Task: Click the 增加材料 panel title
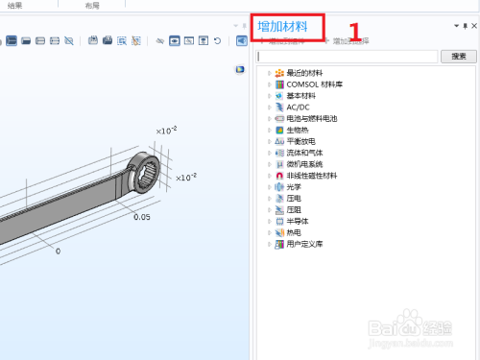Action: click(289, 26)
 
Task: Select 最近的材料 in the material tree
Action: click(304, 73)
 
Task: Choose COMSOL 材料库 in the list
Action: click(314, 84)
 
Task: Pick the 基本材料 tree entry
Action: click(301, 96)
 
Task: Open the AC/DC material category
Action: click(298, 108)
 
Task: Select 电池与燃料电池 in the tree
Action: click(311, 119)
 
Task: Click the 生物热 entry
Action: click(298, 130)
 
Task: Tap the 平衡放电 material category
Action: click(301, 141)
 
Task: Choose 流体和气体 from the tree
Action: click(304, 153)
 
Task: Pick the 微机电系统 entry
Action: click(304, 164)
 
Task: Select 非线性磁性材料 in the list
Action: click(311, 176)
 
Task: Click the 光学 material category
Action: click(294, 187)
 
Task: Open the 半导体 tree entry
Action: click(298, 221)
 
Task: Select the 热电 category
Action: click(294, 232)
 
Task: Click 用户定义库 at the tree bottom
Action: click(304, 244)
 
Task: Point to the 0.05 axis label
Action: click(142, 217)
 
